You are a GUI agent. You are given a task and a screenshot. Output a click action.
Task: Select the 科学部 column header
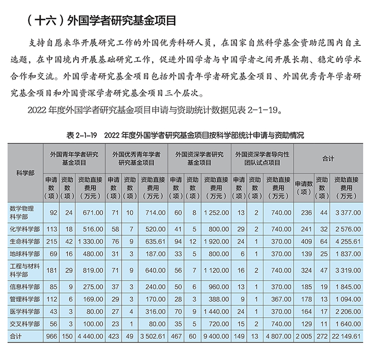pos(25,172)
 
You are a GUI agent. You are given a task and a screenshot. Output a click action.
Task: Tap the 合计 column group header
pos(328,158)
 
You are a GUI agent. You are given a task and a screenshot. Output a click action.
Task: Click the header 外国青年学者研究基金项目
pos(74,158)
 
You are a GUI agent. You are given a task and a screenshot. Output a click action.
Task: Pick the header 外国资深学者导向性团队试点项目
pos(263,158)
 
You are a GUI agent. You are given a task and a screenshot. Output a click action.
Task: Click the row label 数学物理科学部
pos(25,212)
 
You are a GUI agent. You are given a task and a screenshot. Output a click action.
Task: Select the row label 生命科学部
pos(25,240)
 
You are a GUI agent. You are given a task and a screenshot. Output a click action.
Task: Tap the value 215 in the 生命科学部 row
pos(52,240)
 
